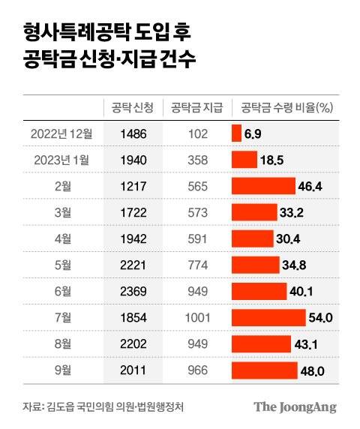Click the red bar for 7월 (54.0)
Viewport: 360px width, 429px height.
click(269, 318)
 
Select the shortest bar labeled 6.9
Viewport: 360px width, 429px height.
click(236, 133)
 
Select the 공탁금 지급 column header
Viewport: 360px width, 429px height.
click(196, 106)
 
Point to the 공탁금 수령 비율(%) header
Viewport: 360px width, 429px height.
click(286, 106)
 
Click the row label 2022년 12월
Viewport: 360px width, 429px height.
click(61, 133)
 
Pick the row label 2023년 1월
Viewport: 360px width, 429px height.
click(62, 160)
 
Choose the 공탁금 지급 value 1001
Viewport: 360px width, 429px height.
click(196, 318)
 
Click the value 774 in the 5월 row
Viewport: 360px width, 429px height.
click(196, 265)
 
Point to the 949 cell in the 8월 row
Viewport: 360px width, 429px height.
click(196, 344)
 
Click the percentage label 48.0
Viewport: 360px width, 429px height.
click(316, 370)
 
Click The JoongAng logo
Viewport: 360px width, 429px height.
click(294, 407)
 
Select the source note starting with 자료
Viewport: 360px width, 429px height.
click(103, 407)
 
